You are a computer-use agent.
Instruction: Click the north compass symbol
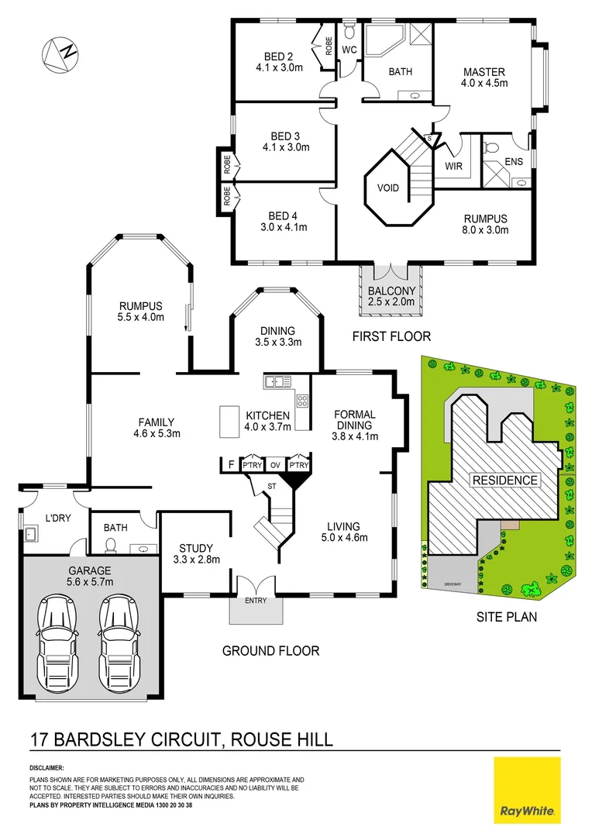coord(61,54)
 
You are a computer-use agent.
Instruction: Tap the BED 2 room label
coord(277,56)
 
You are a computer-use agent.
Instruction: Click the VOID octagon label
coord(388,188)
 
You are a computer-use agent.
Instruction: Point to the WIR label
coord(454,166)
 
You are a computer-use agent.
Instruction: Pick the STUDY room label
coord(195,546)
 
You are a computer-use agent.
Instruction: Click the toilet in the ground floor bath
coord(109,546)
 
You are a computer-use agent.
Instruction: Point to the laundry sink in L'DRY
coord(33,534)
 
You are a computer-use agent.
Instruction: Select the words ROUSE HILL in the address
coord(283,739)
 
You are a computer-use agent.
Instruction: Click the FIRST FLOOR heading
coord(391,336)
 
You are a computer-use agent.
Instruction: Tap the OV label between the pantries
coord(275,465)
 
